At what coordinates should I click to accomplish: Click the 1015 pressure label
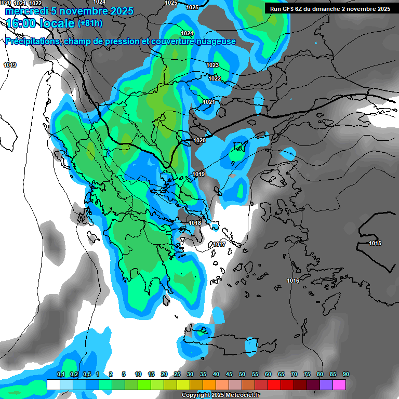[375, 243]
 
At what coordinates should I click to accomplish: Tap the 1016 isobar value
[293, 281]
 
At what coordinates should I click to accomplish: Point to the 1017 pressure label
[219, 244]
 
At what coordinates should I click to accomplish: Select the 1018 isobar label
[195, 223]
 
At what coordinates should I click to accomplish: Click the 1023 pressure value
[212, 65]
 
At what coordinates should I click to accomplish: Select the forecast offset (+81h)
[90, 23]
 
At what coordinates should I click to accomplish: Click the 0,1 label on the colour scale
[60, 374]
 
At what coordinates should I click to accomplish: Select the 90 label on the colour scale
[346, 374]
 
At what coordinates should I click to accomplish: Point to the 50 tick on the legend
[242, 374]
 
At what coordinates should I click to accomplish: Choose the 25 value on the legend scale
[177, 374]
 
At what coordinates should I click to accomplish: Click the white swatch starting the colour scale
[53, 384]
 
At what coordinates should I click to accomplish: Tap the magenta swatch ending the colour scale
[339, 384]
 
